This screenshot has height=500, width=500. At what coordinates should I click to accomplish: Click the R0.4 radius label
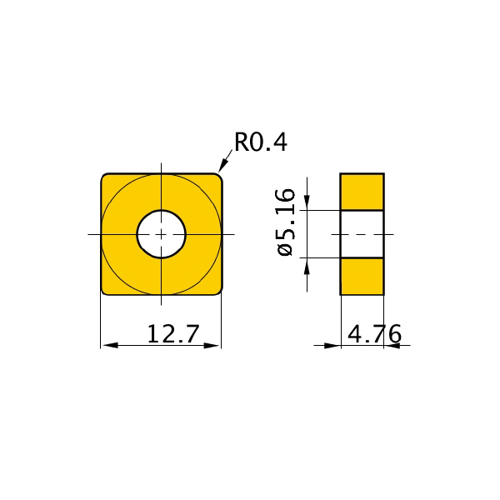(261, 142)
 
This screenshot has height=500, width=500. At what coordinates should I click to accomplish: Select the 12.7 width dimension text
(172, 334)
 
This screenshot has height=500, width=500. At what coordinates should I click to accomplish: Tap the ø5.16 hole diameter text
(286, 222)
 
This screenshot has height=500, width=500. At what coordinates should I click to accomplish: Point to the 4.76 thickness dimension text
(374, 334)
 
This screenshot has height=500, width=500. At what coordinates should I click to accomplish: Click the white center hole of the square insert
(162, 234)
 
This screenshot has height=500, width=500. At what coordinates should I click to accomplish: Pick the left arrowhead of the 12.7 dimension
(111, 345)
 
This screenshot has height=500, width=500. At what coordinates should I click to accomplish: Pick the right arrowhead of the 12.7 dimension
(212, 345)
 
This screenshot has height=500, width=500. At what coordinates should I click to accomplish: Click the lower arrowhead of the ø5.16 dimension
(307, 266)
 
